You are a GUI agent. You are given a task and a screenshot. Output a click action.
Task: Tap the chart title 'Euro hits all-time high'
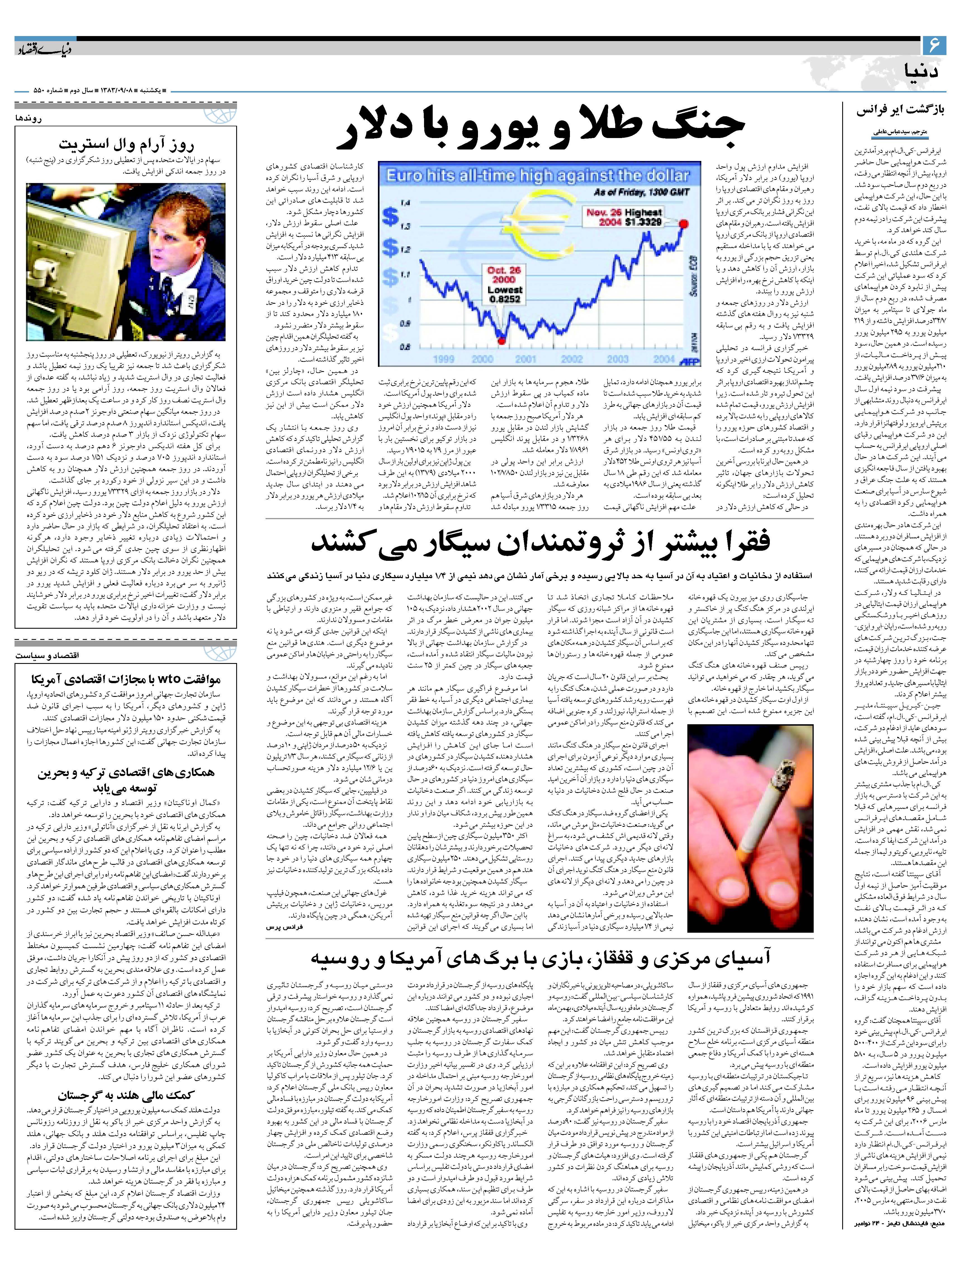click(538, 175)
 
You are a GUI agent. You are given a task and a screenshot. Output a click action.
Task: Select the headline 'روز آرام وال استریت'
click(126, 143)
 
